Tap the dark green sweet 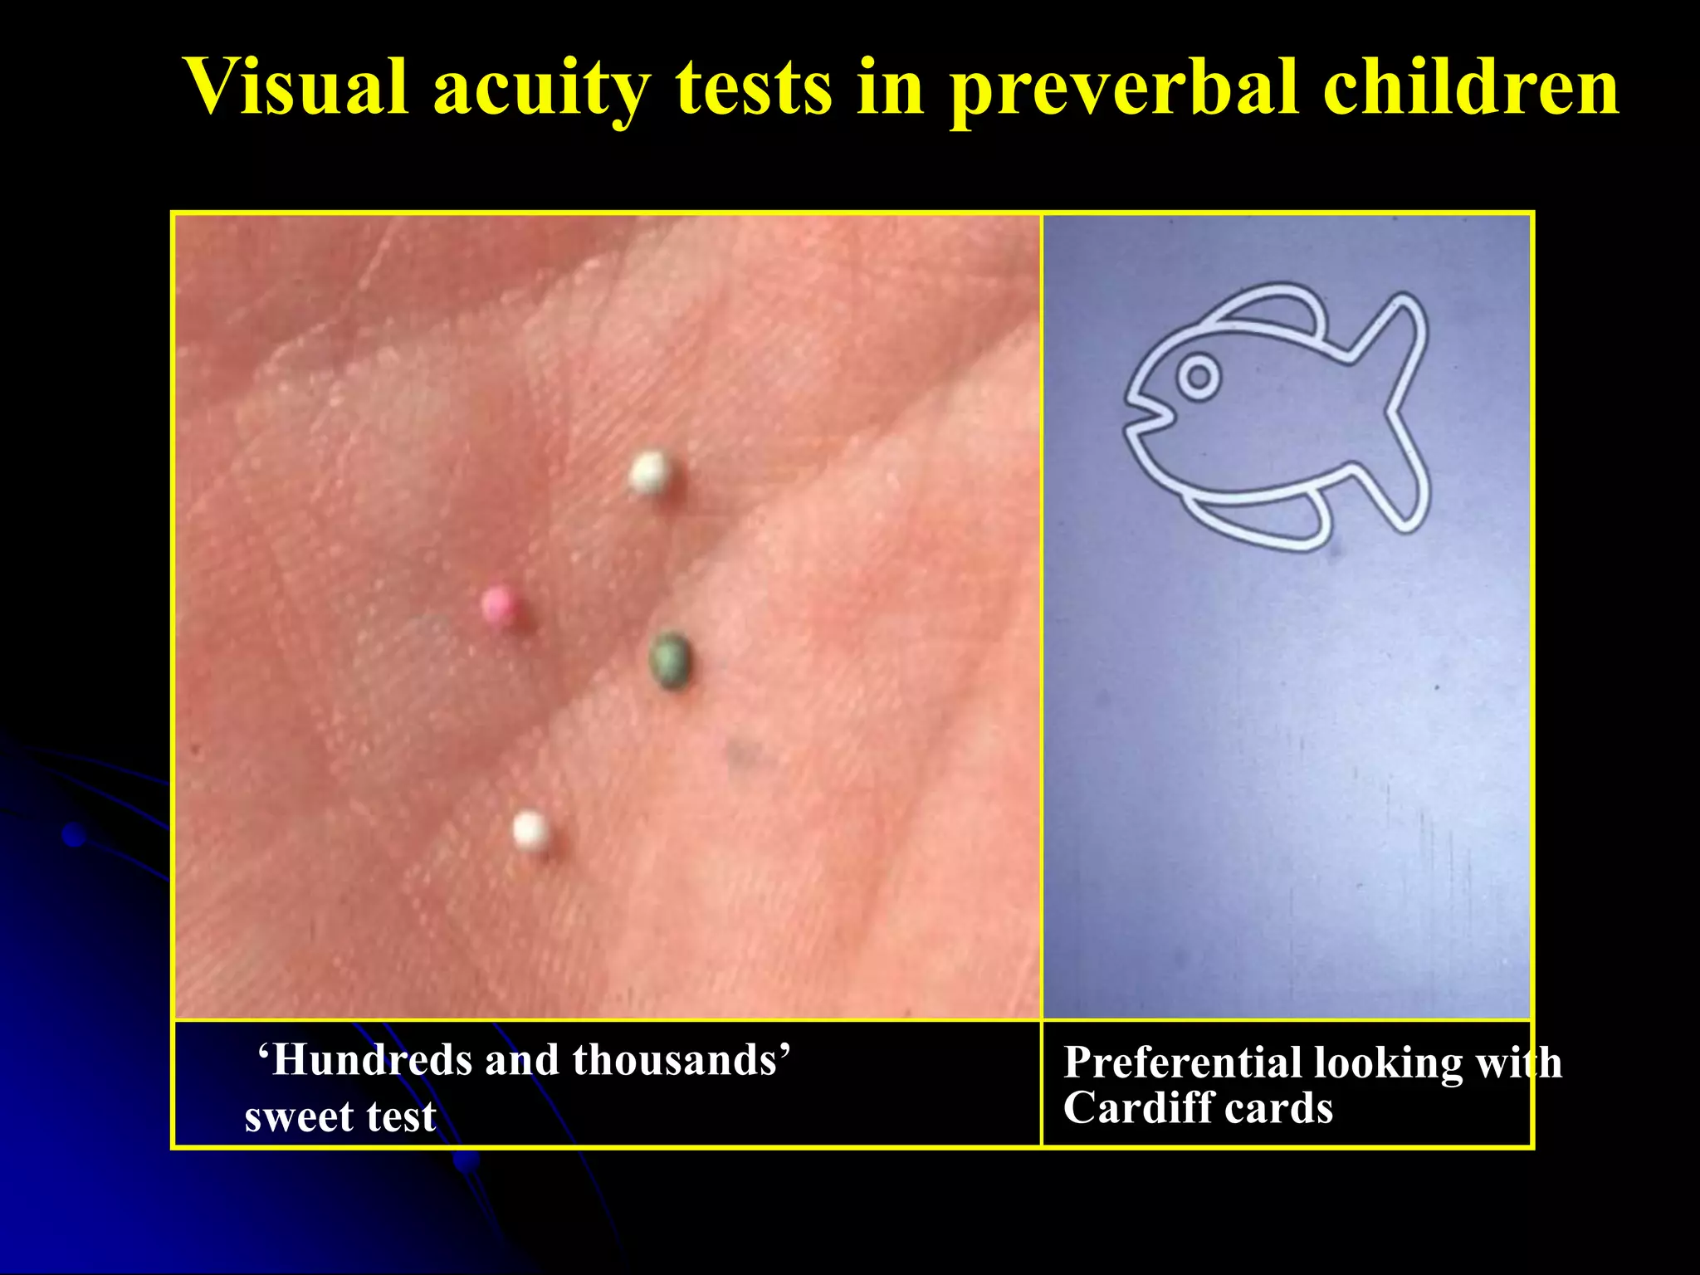click(x=671, y=660)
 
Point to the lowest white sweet click(x=530, y=830)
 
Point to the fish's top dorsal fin click(x=1270, y=311)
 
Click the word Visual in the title click(x=295, y=87)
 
